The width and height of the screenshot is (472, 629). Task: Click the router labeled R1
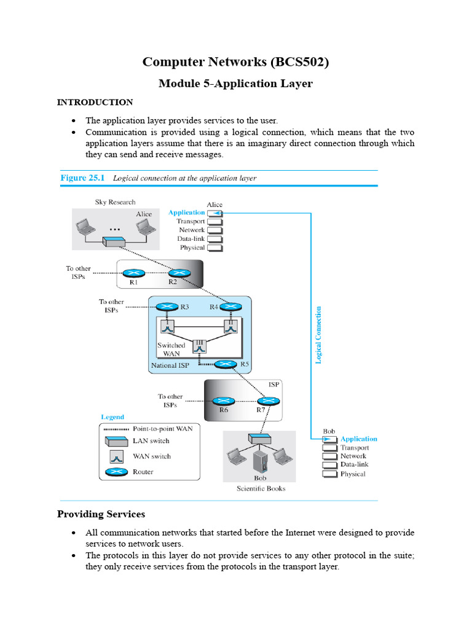[x=133, y=273]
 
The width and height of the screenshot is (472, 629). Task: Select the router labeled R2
[x=179, y=273]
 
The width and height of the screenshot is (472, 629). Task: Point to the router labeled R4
[x=231, y=307]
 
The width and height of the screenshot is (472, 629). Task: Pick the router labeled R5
[x=226, y=364]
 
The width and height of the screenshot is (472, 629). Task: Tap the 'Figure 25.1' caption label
[x=82, y=178]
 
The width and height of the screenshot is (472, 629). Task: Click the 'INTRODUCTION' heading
[x=95, y=102]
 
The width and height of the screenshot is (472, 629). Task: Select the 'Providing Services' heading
[x=101, y=514]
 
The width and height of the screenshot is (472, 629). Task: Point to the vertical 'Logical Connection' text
[x=318, y=335]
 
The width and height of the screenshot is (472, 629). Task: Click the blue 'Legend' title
[x=112, y=417]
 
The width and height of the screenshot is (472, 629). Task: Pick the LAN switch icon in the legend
[x=116, y=441]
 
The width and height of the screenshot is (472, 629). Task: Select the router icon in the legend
[x=116, y=472]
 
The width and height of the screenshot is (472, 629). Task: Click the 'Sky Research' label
[x=115, y=202]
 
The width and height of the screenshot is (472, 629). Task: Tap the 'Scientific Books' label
[x=261, y=488]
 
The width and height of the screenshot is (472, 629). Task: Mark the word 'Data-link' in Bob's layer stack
[x=353, y=465]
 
